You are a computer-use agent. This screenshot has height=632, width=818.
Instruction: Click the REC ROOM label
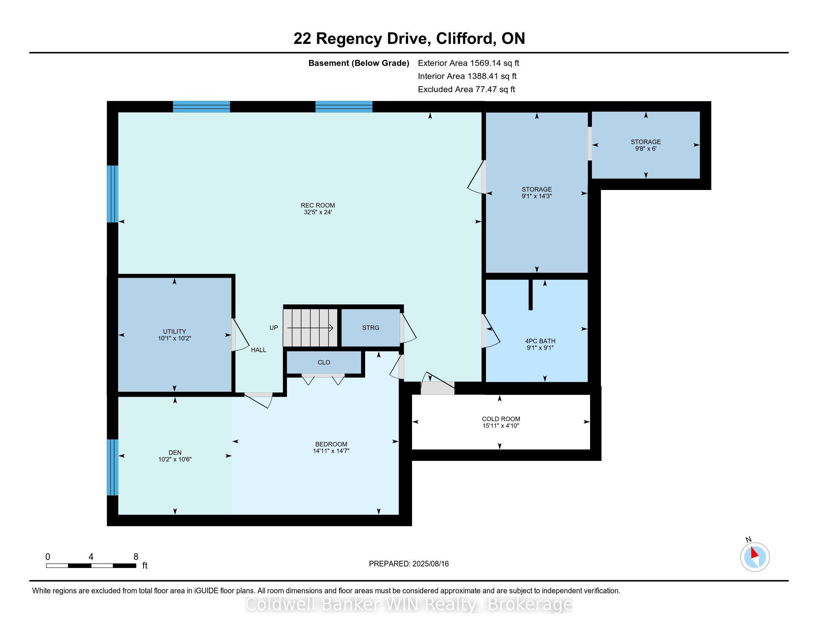(x=318, y=205)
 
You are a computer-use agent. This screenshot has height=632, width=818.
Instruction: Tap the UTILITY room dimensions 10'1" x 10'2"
(x=174, y=338)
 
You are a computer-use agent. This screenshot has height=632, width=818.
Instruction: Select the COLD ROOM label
(x=501, y=419)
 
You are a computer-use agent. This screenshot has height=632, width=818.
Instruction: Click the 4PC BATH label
(x=540, y=341)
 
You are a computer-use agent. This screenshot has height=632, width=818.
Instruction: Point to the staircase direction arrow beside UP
(x=310, y=328)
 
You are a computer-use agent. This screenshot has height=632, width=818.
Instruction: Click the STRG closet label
(x=370, y=328)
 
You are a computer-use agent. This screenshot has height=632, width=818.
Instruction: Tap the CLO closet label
(x=323, y=362)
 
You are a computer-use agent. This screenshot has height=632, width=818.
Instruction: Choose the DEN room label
(x=175, y=453)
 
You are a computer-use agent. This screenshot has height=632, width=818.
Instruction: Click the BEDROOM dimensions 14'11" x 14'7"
(x=331, y=451)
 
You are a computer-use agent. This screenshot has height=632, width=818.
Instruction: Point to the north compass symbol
(x=754, y=557)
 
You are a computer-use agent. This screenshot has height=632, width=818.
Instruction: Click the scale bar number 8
(x=136, y=557)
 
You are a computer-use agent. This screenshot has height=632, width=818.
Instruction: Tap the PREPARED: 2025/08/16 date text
(x=409, y=564)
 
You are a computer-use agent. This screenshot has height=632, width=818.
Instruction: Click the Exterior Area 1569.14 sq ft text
(x=468, y=63)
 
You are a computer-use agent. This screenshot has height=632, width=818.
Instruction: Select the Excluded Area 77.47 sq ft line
(x=466, y=89)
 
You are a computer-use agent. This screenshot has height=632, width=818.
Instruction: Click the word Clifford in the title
(x=464, y=39)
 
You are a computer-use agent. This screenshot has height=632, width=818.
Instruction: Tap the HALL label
(x=258, y=350)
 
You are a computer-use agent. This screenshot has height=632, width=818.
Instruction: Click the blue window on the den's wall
(x=112, y=467)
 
